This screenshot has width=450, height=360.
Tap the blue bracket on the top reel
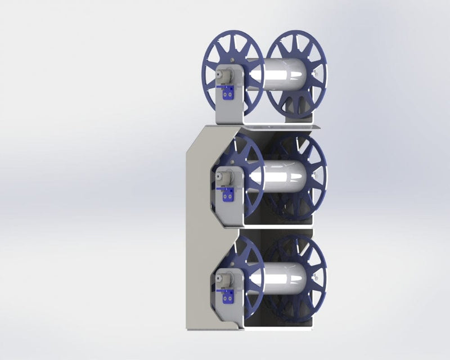point(228,95)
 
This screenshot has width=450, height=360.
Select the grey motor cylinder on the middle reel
point(223,177)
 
